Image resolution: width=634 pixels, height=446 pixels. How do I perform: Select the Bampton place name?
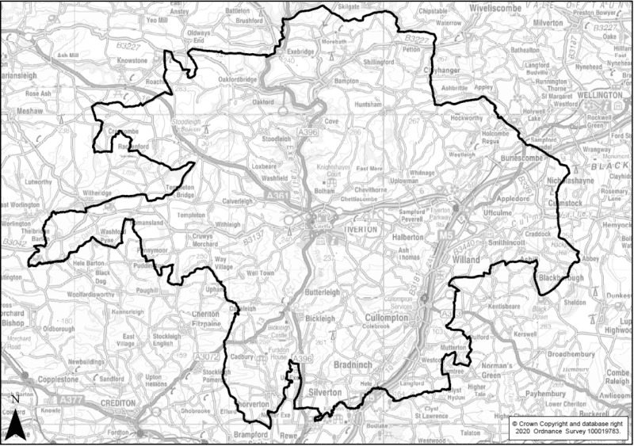pos(326,82)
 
